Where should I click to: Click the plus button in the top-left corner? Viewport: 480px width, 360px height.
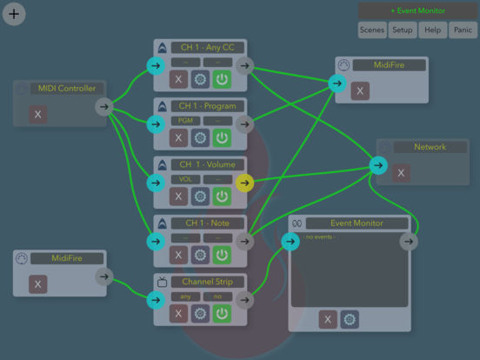coord(14,14)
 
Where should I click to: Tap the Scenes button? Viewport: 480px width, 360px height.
coord(372,30)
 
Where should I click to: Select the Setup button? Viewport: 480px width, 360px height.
coord(402,30)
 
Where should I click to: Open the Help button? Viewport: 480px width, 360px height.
coord(431,30)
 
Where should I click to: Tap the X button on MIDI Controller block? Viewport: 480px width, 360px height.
coord(37,114)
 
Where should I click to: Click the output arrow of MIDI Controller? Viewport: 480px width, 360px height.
coord(103,107)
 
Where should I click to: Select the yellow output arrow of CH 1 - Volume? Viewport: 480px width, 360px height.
coord(244,183)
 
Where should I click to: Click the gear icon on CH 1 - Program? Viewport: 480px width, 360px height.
coord(200,137)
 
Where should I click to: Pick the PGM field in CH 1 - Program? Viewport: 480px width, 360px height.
coord(184,121)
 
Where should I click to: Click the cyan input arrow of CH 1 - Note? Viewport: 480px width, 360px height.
coord(156,242)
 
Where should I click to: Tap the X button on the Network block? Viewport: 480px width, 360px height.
coord(400,173)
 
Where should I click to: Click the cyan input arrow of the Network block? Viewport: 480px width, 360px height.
coord(377,165)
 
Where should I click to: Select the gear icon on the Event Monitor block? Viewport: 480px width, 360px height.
coord(349,320)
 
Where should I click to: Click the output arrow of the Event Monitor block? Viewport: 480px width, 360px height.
coord(408,242)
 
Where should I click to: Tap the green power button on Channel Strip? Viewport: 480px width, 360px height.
coord(222,313)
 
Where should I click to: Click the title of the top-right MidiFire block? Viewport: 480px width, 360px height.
coord(388,65)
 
